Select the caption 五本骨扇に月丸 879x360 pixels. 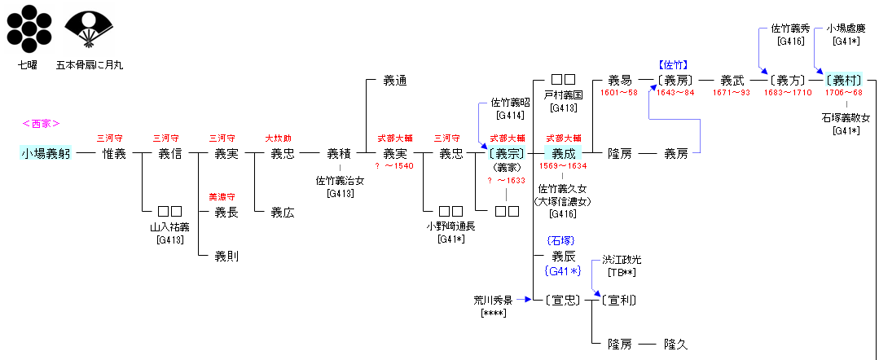[x=90, y=64]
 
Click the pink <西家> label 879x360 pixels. [x=42, y=124]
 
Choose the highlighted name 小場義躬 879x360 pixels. [x=46, y=152]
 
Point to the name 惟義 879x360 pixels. [x=114, y=152]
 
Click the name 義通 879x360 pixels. [x=395, y=81]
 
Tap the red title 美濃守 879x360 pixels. [x=222, y=197]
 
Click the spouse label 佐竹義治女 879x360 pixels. [x=339, y=182]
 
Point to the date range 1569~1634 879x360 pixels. [x=563, y=166]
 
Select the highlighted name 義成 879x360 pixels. [x=564, y=152]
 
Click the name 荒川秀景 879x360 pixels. [x=494, y=299]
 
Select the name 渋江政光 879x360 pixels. [x=622, y=260]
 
